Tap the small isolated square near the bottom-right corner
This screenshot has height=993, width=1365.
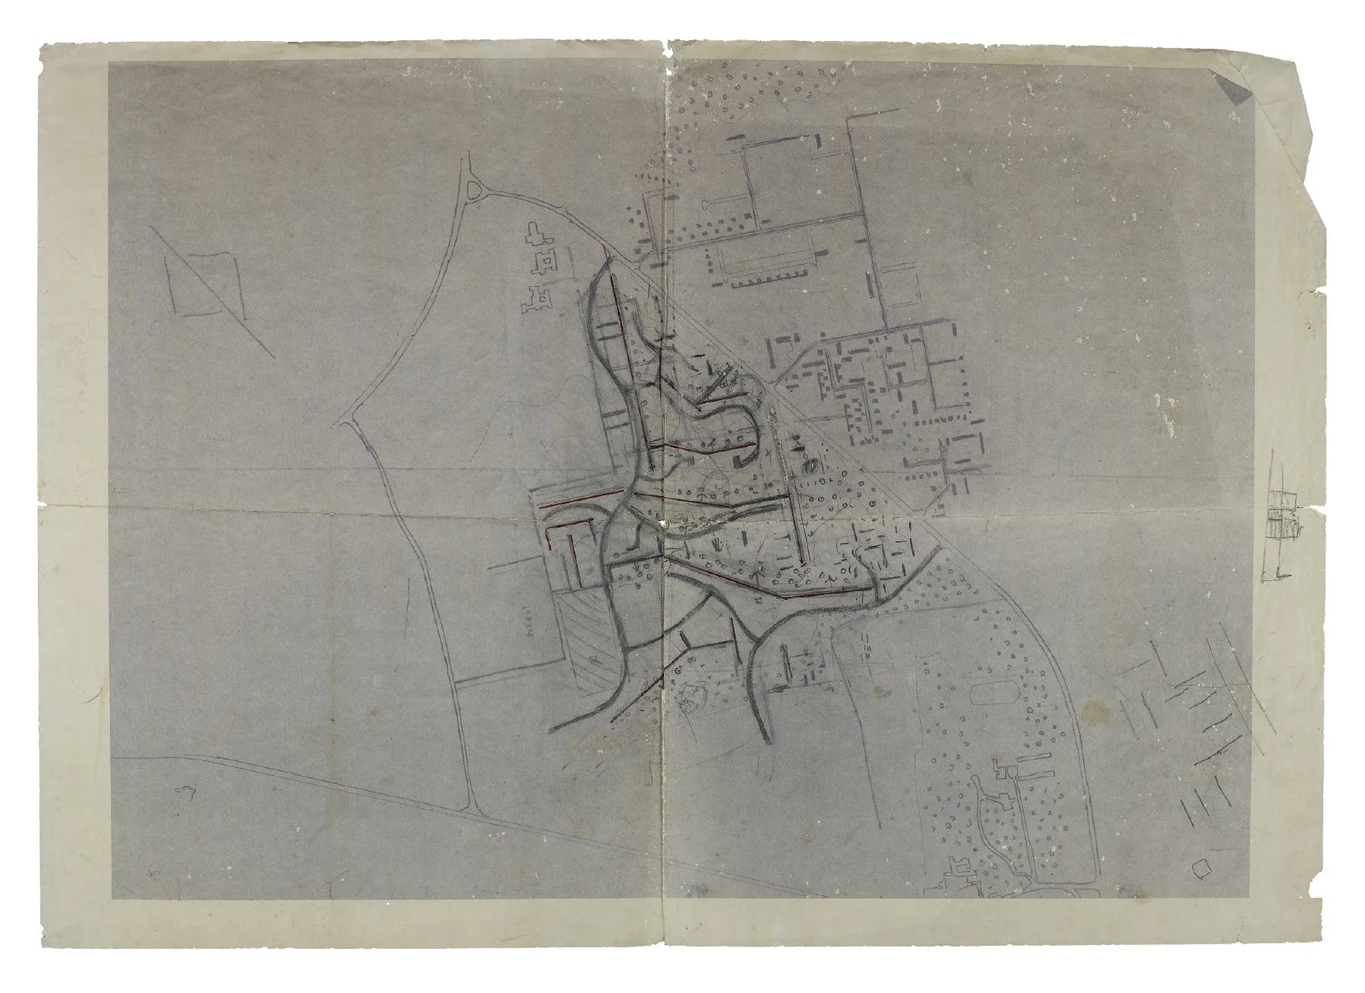coord(1200,868)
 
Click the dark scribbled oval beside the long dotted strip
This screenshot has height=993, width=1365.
coord(809,465)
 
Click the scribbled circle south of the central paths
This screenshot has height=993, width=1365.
coord(692,697)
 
